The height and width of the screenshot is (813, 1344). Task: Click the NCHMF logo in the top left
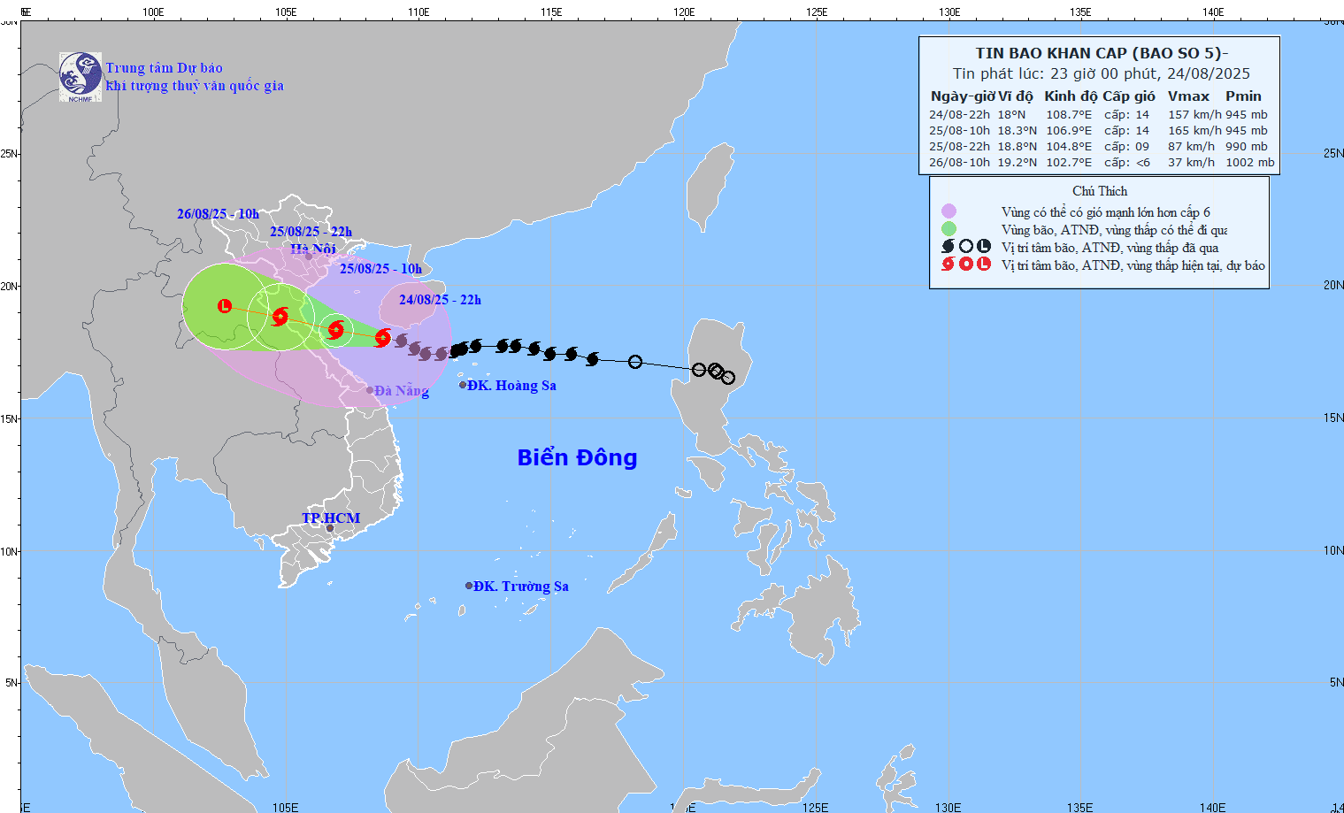80,76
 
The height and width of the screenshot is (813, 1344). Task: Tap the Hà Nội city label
313,249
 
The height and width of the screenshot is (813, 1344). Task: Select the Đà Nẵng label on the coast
401,390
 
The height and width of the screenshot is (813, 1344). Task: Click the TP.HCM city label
331,518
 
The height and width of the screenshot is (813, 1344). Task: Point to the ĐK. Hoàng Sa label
511,386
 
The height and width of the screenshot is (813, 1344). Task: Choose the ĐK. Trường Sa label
520,587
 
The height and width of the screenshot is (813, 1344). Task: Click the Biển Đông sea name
577,457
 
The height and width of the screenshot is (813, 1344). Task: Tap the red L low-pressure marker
225,305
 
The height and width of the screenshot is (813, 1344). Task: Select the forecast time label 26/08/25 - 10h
218,214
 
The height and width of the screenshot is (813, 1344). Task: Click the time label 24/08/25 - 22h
440,300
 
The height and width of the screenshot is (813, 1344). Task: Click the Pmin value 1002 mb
1249,163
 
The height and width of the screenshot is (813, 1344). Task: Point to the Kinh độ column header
1071,96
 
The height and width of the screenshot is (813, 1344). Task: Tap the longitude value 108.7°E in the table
1069,115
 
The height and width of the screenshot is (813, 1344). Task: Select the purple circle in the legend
948,211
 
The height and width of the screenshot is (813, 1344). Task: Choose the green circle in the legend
948,229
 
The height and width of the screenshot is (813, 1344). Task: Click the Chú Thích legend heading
1100,191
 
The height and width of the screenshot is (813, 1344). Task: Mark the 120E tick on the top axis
684,12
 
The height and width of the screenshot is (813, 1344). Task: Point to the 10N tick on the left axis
9,551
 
